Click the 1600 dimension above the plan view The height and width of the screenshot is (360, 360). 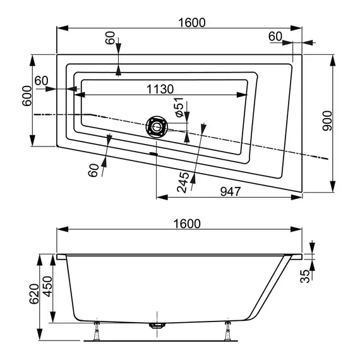[192, 22]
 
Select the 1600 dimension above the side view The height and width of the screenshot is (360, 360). [186, 224]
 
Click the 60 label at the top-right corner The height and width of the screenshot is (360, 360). [275, 37]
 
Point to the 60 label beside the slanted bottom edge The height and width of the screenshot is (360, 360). [93, 169]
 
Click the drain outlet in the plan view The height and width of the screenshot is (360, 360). [155, 127]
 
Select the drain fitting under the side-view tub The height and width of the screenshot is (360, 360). [155, 327]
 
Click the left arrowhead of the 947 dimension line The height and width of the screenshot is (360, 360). [159, 198]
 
